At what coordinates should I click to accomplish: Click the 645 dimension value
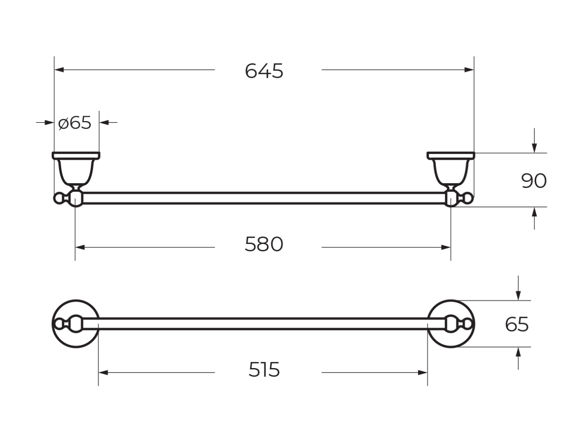(x=264, y=71)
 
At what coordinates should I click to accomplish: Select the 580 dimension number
(x=264, y=244)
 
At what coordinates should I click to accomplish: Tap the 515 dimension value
(x=264, y=369)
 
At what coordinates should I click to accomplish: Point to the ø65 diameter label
(x=75, y=123)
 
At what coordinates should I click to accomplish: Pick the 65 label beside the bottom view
(x=517, y=324)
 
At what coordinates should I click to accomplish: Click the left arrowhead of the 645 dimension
(x=59, y=70)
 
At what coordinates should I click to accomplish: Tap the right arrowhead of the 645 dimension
(x=469, y=70)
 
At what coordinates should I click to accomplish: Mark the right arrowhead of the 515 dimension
(x=423, y=373)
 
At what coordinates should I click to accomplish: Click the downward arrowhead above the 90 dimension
(x=534, y=148)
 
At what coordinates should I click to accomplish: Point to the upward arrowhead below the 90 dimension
(x=534, y=212)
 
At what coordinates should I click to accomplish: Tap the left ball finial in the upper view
(x=59, y=198)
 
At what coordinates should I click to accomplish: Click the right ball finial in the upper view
(x=468, y=198)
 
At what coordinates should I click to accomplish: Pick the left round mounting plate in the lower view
(x=76, y=324)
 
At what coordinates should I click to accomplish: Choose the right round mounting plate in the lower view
(x=451, y=324)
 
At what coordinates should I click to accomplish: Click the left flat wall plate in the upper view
(x=76, y=156)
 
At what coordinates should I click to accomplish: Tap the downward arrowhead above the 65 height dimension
(x=518, y=295)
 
